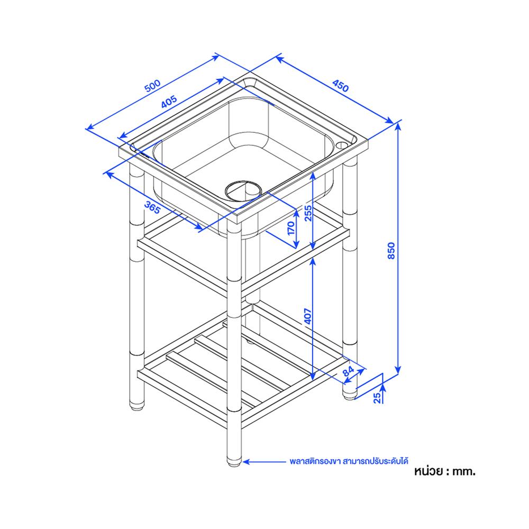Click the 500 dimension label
tap(152, 86)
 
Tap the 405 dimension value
tap(169, 102)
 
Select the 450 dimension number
tap(340, 86)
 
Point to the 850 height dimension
tap(391, 251)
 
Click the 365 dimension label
tap(152, 207)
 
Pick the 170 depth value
tap(291, 229)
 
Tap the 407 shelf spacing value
tap(308, 315)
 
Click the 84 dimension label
tap(348, 371)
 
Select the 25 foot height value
tap(378, 398)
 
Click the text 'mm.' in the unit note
tap(464, 471)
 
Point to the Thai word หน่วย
tap(428, 471)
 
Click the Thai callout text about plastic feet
tap(349, 461)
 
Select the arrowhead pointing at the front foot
tap(247, 461)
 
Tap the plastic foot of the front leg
tap(234, 463)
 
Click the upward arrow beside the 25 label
tap(383, 388)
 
